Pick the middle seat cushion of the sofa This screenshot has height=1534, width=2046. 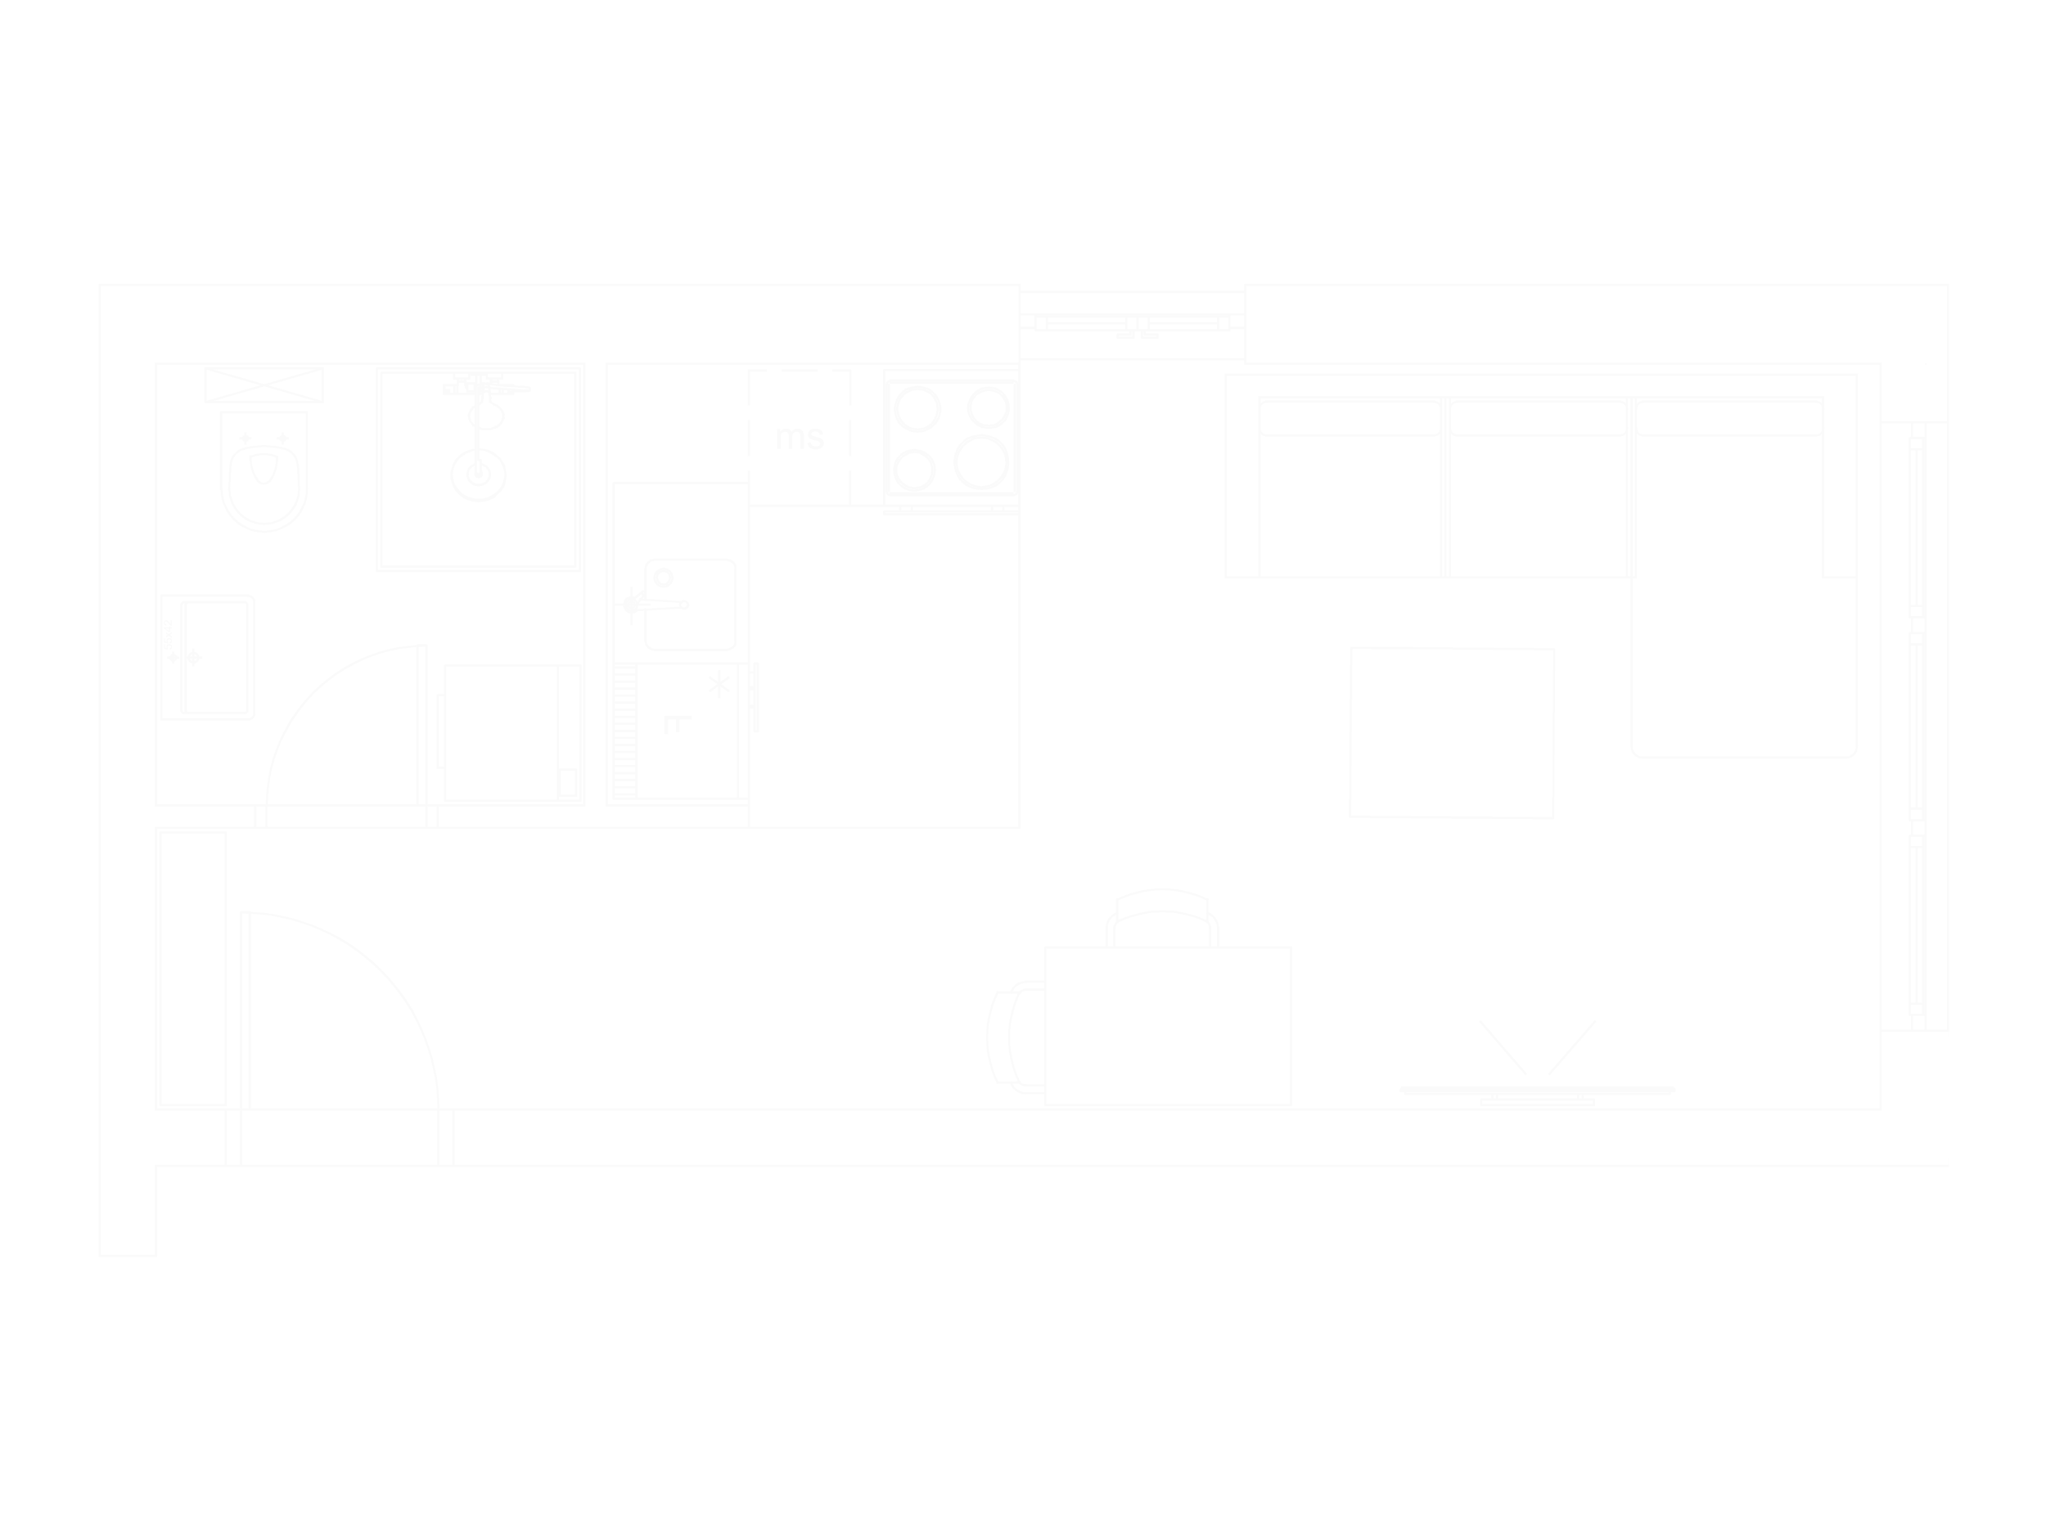tap(1537, 504)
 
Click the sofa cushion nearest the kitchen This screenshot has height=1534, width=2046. tap(1348, 504)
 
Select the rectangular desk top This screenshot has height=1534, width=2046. tap(1168, 1023)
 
